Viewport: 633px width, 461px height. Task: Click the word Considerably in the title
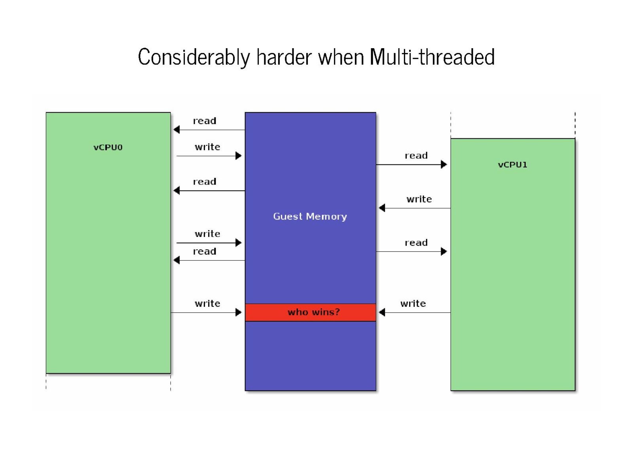coord(194,57)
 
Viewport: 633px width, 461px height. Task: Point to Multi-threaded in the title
coord(432,57)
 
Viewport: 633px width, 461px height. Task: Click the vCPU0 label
coord(108,147)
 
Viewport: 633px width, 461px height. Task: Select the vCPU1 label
coord(512,165)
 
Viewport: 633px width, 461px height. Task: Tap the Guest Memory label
coord(310,216)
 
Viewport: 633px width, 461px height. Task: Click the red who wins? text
coord(313,312)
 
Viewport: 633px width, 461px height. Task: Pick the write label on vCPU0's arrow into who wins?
coord(207,304)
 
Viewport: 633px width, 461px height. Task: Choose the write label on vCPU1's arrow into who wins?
coord(413,304)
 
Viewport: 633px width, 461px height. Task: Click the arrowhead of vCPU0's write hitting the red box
coord(239,312)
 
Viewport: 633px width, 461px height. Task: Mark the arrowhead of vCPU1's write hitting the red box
coord(382,312)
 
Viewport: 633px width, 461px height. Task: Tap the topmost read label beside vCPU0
coord(205,121)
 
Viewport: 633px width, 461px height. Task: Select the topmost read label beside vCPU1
coord(416,156)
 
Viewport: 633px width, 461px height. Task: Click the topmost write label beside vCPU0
coord(207,147)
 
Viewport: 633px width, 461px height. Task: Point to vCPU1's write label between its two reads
coord(419,199)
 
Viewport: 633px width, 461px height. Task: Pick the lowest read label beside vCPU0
coord(205,251)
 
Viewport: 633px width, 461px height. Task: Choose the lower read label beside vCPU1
coord(416,243)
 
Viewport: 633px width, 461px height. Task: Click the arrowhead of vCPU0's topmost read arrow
coord(177,130)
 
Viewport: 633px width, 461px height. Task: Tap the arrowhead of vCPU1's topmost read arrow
coord(444,164)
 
